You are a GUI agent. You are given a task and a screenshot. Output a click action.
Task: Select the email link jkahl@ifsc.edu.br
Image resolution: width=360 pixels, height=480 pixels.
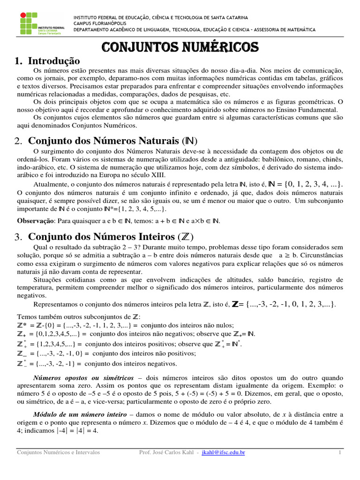coord(223,453)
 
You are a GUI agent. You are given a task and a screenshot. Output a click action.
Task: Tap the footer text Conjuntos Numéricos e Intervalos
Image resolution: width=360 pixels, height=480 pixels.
coord(58,453)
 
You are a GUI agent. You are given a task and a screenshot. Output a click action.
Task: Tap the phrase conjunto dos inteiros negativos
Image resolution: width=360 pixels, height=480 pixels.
coord(131,363)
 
